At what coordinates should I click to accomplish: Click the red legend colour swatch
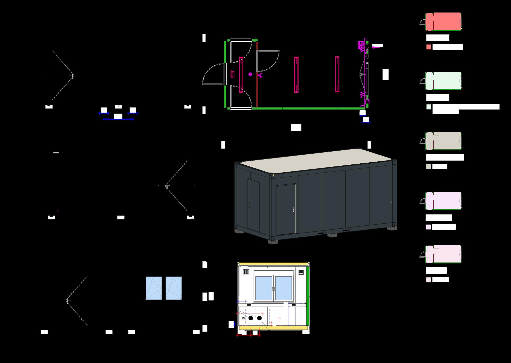pyautogui.click(x=429, y=47)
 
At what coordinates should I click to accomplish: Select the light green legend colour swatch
pyautogui.click(x=429, y=107)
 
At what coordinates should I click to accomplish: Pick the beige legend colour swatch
pyautogui.click(x=429, y=166)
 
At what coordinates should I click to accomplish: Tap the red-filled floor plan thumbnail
pyautogui.click(x=443, y=22)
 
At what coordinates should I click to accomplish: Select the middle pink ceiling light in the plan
pyautogui.click(x=296, y=74)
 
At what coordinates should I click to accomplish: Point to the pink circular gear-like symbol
pyautogui.click(x=250, y=74)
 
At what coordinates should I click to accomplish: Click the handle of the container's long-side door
pyautogui.click(x=294, y=210)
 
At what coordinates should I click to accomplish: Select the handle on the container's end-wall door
pyautogui.click(x=249, y=205)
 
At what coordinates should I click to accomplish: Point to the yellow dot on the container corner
pyautogui.click(x=274, y=175)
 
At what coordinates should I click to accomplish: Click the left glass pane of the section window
pyautogui.click(x=264, y=288)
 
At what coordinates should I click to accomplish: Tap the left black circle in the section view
pyautogui.click(x=251, y=318)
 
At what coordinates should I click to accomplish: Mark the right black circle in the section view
pyautogui.click(x=259, y=318)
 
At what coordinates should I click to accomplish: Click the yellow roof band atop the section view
pyautogui.click(x=273, y=264)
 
